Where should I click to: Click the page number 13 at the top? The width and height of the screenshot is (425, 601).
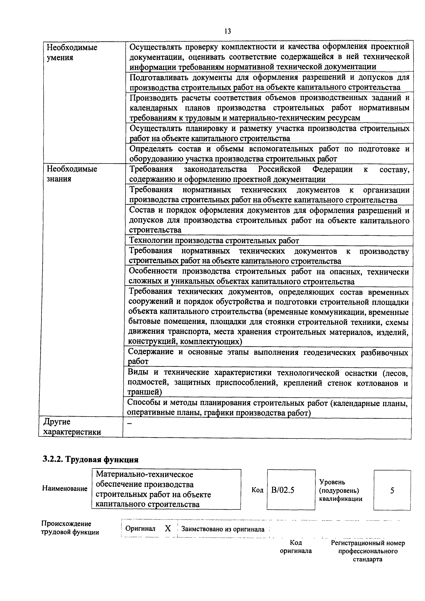coord(228,31)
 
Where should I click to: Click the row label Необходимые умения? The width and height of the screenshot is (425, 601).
coord(72,52)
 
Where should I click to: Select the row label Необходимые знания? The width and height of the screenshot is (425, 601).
coord(72,174)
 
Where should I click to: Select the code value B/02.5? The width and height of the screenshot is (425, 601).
coord(283,490)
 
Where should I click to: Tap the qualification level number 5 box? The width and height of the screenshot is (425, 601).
coord(392,490)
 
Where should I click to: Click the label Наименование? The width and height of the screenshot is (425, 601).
coord(65,488)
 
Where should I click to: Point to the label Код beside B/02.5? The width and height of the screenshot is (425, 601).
coord(257,490)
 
